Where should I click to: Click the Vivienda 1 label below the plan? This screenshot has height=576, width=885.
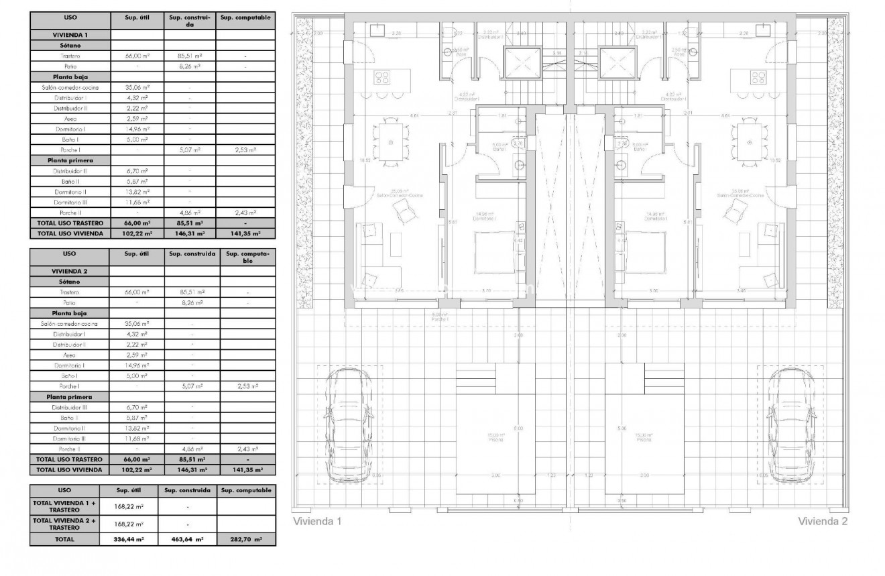(318, 521)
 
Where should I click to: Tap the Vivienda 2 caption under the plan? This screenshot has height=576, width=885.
(823, 521)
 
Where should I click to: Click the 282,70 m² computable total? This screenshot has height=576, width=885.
(245, 539)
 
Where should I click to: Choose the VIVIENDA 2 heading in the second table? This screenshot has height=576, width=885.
(70, 271)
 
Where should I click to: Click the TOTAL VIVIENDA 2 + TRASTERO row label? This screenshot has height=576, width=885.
(65, 524)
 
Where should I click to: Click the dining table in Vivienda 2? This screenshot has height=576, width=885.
(749, 142)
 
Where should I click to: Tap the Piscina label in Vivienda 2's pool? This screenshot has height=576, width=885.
(644, 440)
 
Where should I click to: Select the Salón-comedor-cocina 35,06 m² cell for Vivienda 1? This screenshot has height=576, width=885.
(137, 87)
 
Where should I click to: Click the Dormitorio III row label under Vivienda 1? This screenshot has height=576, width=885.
(70, 201)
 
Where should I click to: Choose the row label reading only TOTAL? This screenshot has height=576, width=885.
(65, 539)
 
